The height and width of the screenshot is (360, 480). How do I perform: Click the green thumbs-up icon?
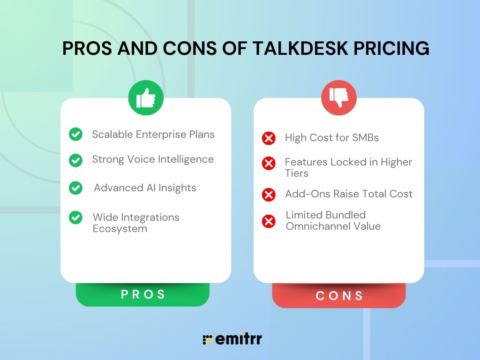(146, 97)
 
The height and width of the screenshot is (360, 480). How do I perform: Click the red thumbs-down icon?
(339, 97)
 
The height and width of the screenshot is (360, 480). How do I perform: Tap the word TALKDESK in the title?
(300, 48)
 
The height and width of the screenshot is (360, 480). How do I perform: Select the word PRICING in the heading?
(391, 48)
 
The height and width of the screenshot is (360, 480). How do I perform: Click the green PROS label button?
(142, 294)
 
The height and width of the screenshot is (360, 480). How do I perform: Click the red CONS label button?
(339, 295)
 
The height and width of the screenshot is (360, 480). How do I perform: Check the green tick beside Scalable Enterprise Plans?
(75, 134)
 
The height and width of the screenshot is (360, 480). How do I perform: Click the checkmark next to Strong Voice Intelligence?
(75, 160)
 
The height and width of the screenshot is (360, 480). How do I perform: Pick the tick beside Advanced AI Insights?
(75, 188)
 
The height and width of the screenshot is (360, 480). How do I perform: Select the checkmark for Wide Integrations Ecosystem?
(75, 217)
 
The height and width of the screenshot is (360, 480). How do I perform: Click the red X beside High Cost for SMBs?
(269, 138)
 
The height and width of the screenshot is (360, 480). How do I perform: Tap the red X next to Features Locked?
(269, 163)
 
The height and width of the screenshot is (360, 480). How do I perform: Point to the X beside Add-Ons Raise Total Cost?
(269, 195)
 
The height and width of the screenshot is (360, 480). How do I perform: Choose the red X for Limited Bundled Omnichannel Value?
(269, 221)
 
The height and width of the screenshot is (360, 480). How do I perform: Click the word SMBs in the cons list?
(365, 138)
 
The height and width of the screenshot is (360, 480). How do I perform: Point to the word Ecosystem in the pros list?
(120, 229)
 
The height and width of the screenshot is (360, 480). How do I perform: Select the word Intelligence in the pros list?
(186, 159)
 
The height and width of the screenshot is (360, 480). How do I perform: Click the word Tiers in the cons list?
(297, 173)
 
